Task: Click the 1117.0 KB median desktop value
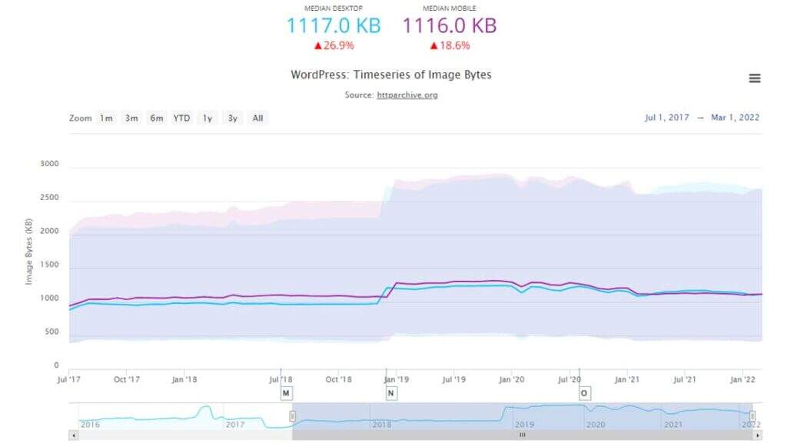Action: [x=334, y=25]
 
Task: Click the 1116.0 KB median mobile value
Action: [x=450, y=25]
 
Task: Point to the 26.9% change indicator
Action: [x=334, y=45]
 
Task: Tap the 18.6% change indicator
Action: [x=450, y=45]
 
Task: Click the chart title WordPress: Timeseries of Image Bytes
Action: [x=390, y=75]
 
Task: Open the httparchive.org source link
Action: [x=407, y=95]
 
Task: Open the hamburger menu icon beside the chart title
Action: [x=754, y=78]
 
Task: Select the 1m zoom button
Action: [x=106, y=118]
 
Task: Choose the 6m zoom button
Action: [x=157, y=118]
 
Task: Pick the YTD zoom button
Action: [x=181, y=118]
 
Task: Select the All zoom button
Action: [x=257, y=118]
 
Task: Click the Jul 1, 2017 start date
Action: [x=666, y=118]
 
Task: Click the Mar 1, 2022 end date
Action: [x=736, y=118]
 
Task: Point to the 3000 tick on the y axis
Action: [x=49, y=164]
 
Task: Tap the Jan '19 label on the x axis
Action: [x=395, y=379]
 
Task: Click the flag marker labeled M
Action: [x=286, y=393]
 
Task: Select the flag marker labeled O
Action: [x=584, y=393]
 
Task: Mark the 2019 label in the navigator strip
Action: [x=524, y=424]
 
